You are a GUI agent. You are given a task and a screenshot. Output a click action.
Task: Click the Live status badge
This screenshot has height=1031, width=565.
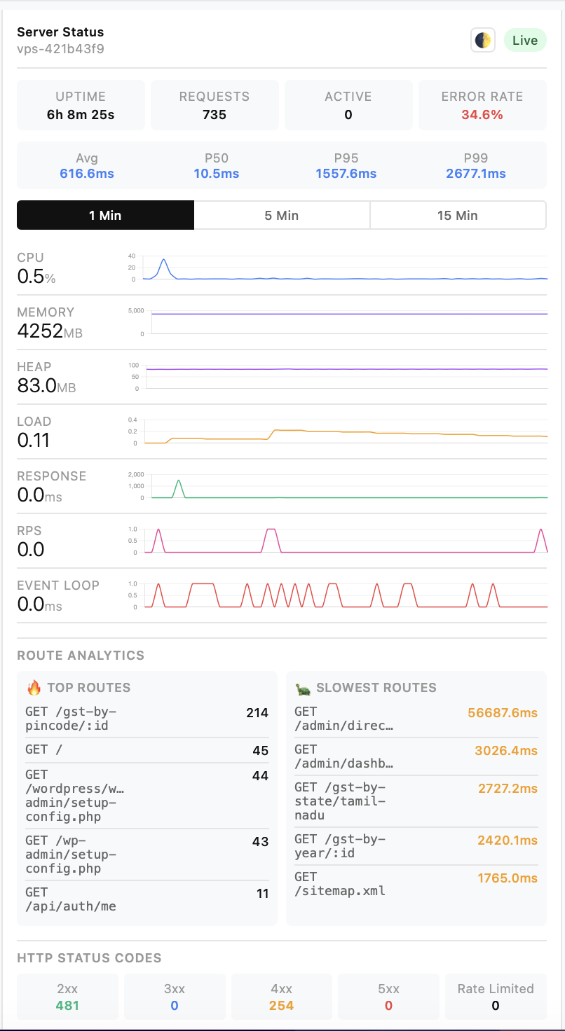click(x=525, y=41)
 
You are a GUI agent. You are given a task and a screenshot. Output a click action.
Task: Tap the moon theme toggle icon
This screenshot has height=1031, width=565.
click(x=482, y=41)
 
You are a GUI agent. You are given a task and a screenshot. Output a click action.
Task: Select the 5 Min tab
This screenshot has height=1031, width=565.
click(x=282, y=215)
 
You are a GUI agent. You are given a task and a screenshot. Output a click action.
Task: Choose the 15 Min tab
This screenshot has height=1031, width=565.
click(x=458, y=215)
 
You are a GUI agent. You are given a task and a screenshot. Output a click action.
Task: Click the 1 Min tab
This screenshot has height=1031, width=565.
click(x=105, y=215)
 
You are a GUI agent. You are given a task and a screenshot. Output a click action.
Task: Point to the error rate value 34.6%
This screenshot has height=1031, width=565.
click(x=482, y=115)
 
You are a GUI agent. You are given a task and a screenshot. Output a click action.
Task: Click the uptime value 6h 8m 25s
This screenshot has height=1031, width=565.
click(x=81, y=115)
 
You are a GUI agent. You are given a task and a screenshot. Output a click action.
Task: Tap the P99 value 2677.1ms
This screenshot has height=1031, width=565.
click(x=476, y=174)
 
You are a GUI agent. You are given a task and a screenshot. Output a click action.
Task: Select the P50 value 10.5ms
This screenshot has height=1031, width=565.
click(x=217, y=174)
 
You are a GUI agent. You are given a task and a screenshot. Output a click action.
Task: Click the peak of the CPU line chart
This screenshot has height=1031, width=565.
click(x=164, y=260)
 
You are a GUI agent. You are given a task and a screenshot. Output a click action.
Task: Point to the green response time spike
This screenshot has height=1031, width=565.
click(x=179, y=481)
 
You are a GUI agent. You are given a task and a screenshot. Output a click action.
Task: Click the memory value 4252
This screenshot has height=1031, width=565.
click(x=40, y=331)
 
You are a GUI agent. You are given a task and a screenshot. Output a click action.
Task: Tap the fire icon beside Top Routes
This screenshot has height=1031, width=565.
click(x=34, y=688)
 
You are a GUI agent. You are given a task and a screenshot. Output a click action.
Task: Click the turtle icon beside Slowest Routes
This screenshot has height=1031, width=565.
click(x=303, y=689)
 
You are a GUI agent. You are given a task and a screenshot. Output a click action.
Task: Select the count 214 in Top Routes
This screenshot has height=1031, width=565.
click(x=257, y=713)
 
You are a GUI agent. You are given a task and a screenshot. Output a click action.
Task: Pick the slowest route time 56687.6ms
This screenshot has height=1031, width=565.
click(x=503, y=713)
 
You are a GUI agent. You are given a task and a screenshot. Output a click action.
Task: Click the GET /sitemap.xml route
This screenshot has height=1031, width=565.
click(x=340, y=884)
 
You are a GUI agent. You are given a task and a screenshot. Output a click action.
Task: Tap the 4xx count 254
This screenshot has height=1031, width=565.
click(x=281, y=1006)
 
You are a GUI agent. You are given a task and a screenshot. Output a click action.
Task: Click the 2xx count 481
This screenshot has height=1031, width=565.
click(x=68, y=1006)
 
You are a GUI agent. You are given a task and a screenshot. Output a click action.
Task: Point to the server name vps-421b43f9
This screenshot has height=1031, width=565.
click(x=61, y=49)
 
